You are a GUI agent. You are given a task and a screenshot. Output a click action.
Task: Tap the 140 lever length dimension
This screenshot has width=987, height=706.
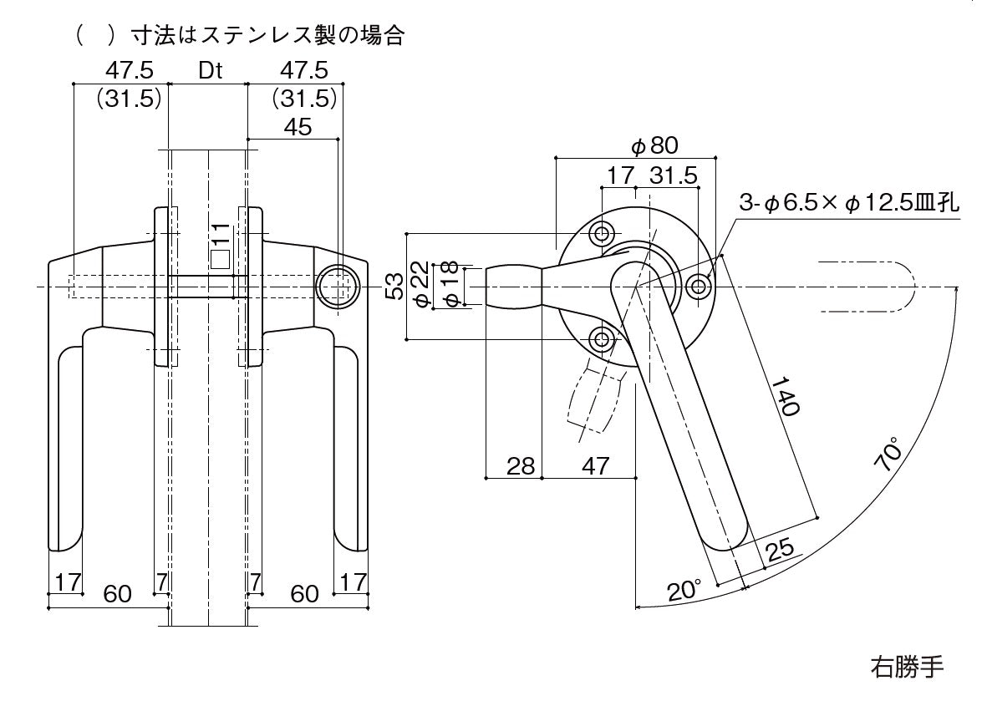pyautogui.click(x=785, y=396)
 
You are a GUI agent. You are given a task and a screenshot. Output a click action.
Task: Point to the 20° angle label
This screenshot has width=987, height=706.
pyautogui.click(x=683, y=591)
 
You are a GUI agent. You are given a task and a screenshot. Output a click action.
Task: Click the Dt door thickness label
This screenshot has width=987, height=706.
pyautogui.click(x=210, y=71)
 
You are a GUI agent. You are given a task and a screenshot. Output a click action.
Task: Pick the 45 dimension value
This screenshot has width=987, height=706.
pyautogui.click(x=298, y=127)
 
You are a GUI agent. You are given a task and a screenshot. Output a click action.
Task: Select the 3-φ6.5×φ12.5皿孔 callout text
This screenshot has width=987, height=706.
pyautogui.click(x=849, y=203)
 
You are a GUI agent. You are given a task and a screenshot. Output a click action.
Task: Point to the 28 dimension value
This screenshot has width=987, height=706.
pyautogui.click(x=521, y=465)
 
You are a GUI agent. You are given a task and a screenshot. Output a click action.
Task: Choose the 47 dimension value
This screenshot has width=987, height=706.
pyautogui.click(x=595, y=465)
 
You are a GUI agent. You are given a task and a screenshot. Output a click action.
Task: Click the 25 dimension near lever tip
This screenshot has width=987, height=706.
pyautogui.click(x=778, y=551)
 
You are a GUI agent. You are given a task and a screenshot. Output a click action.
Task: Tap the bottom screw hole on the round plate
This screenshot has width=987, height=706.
pyautogui.click(x=602, y=339)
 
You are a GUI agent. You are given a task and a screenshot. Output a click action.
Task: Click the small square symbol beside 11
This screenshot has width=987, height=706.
pyautogui.click(x=220, y=259)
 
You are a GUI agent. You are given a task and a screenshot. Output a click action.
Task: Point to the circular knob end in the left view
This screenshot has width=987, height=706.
pyautogui.click(x=338, y=287)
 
